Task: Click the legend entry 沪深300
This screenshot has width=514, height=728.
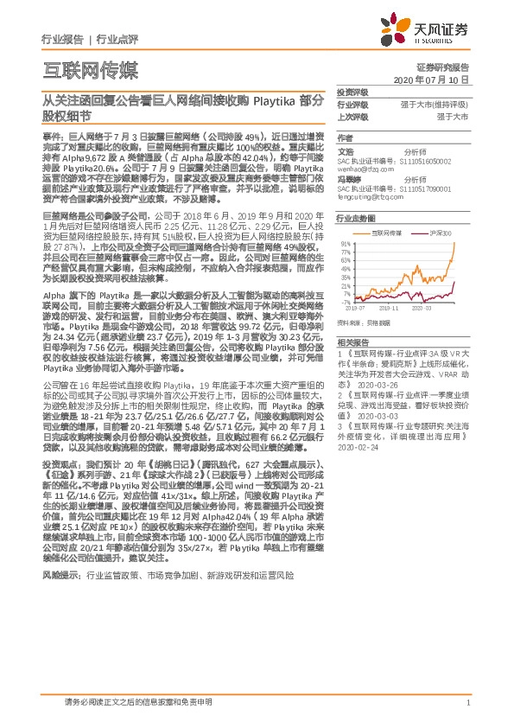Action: pos(442,233)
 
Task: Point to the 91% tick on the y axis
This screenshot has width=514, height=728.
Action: pos(346,245)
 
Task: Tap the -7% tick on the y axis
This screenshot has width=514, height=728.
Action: pos(346,303)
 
